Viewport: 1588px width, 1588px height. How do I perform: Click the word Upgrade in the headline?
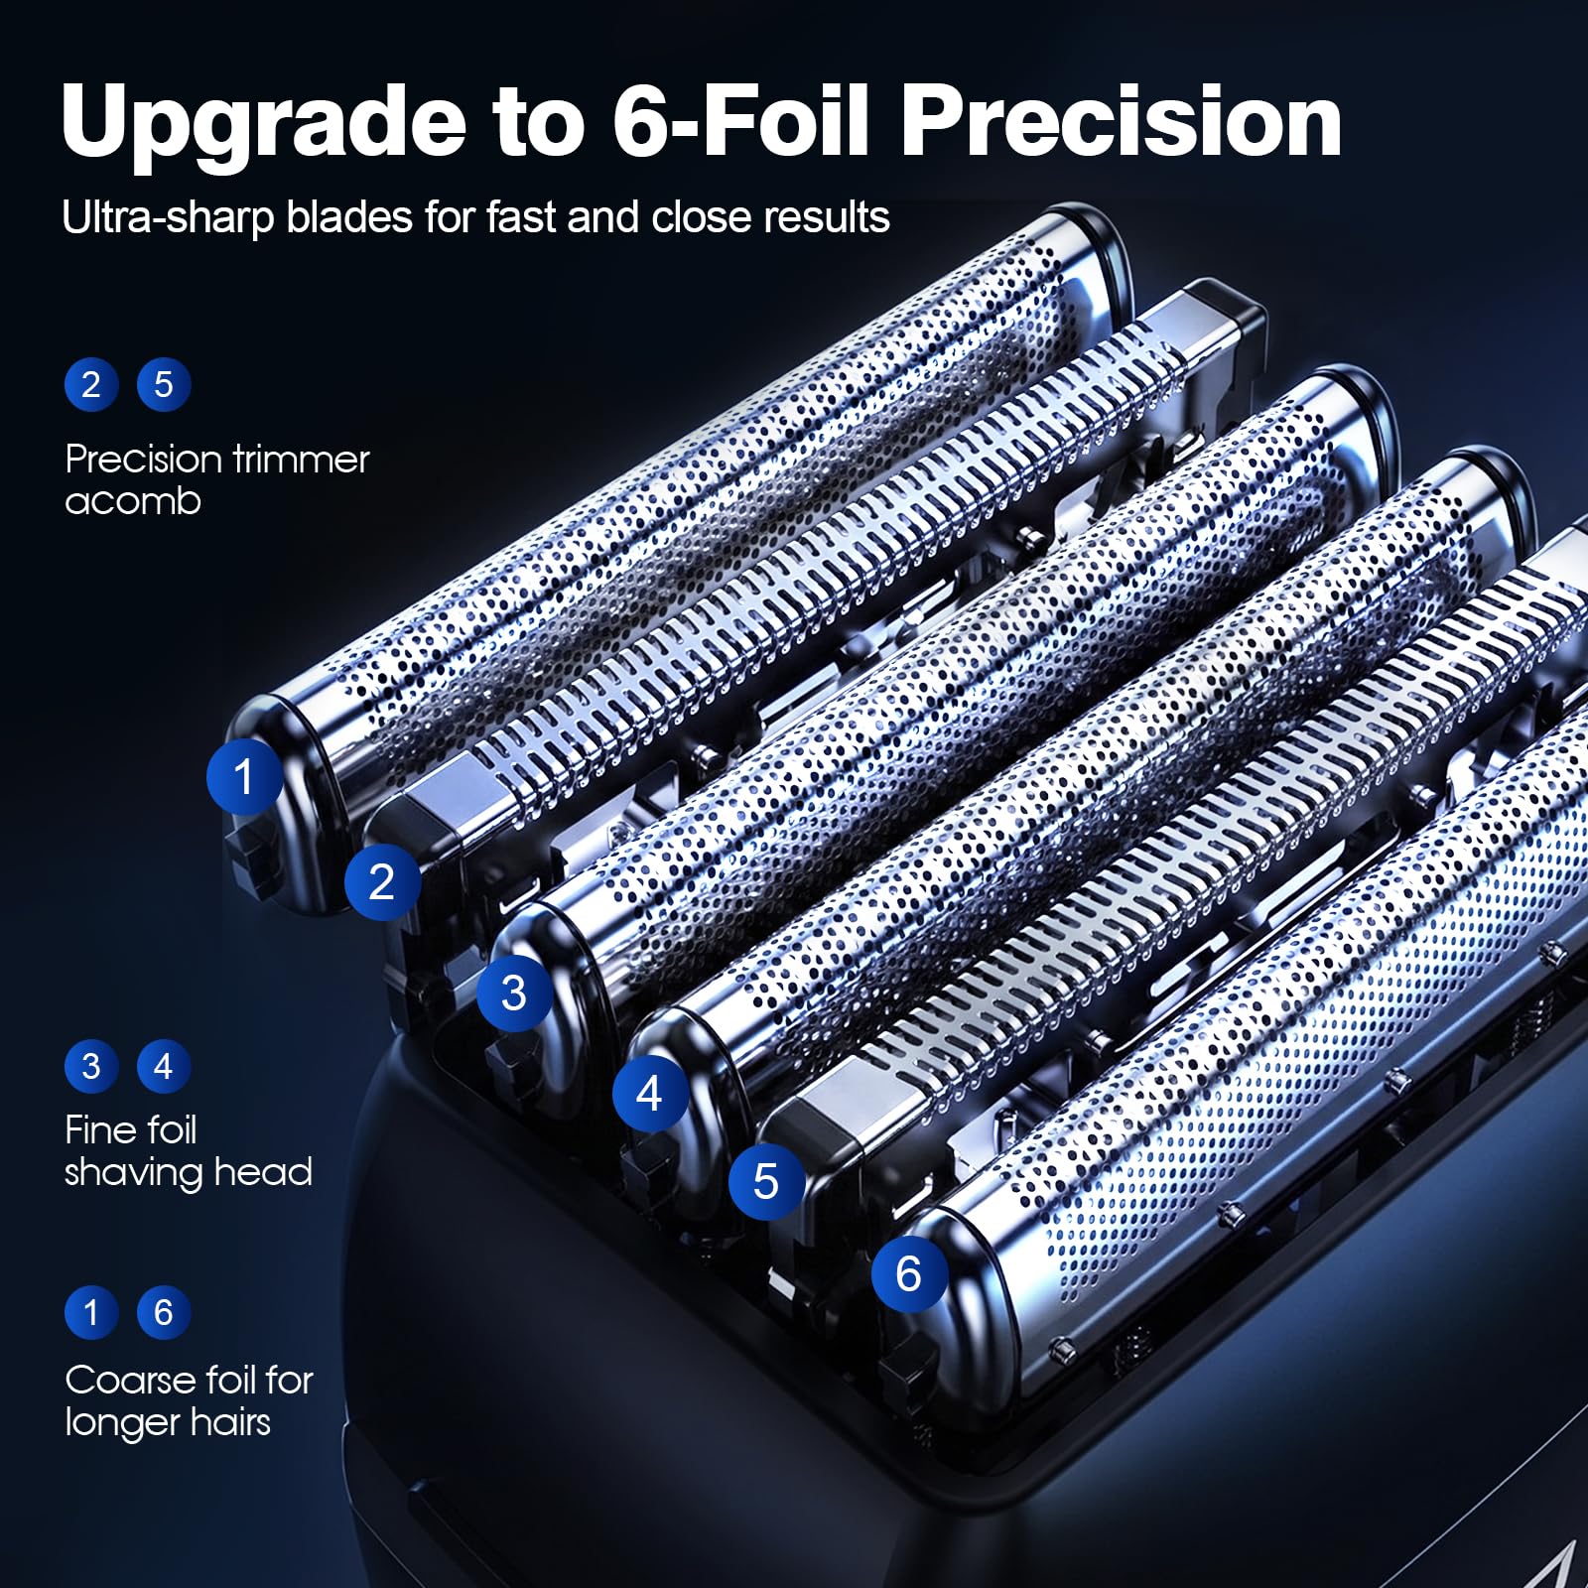[264, 122]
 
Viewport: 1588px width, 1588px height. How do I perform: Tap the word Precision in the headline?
[1122, 120]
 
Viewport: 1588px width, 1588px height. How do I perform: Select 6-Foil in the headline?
[740, 120]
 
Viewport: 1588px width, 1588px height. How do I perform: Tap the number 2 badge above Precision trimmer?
[91, 384]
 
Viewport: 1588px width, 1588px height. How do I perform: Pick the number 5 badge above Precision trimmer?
[164, 384]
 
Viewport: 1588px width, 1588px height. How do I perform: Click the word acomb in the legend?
[133, 501]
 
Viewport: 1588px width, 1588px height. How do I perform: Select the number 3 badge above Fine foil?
[91, 1066]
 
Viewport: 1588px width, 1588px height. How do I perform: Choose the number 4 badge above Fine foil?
[164, 1066]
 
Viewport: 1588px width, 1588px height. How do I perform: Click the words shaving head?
[189, 1173]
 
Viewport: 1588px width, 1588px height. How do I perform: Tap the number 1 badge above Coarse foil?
[91, 1312]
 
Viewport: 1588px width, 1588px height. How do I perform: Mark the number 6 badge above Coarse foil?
[164, 1312]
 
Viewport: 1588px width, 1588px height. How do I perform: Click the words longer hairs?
[168, 1423]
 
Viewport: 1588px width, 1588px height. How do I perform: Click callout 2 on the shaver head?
[382, 881]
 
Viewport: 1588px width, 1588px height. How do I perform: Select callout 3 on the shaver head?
[514, 992]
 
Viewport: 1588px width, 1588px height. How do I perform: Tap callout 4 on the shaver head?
[650, 1094]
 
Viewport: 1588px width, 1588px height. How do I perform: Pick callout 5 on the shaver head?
[766, 1181]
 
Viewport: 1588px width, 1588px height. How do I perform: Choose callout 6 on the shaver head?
[909, 1273]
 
